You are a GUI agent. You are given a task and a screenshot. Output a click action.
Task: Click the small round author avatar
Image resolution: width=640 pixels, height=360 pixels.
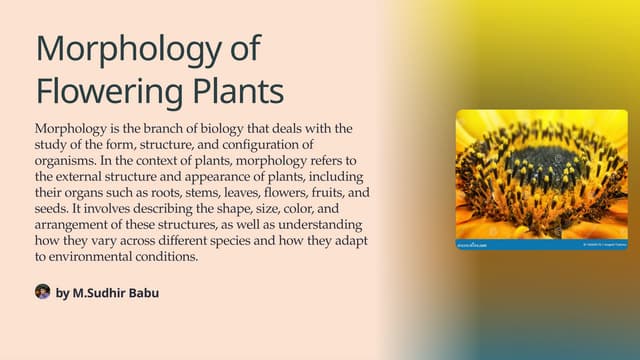(x=42, y=291)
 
